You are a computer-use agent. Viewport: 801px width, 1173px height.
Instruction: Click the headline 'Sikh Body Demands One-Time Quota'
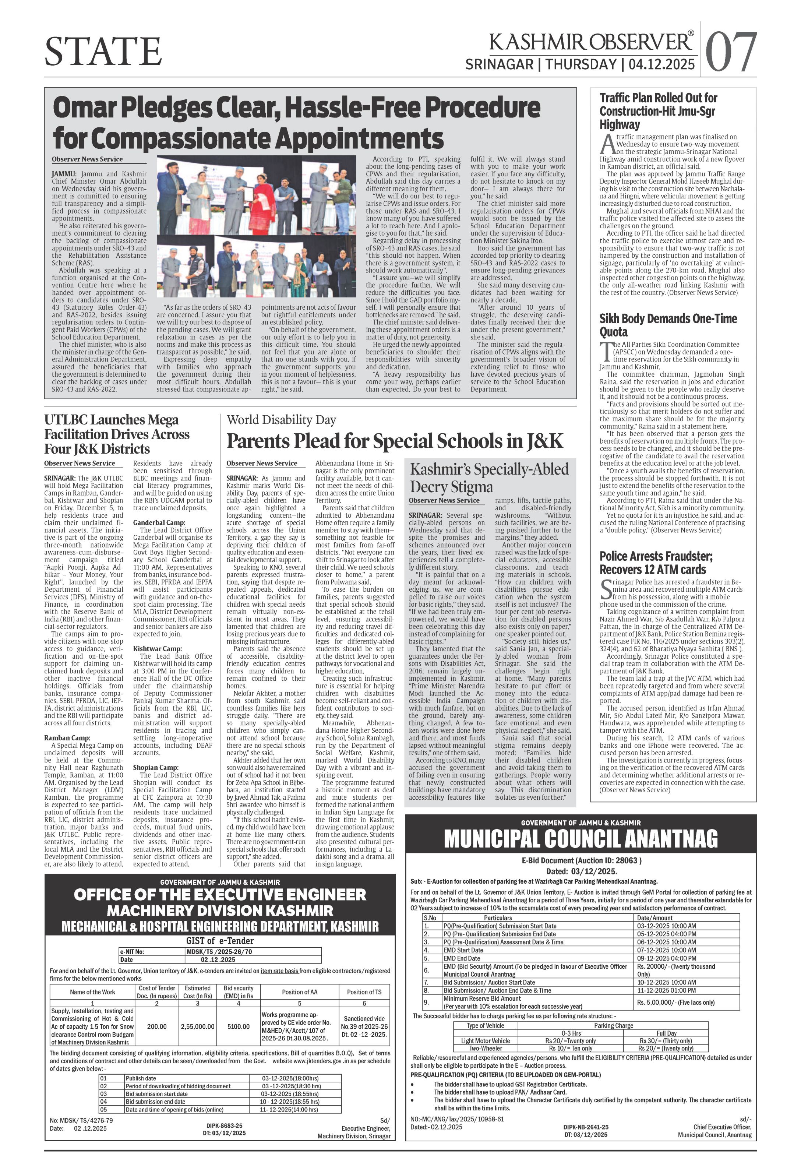(x=668, y=325)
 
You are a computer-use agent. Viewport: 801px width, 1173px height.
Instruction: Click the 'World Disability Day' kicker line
(x=281, y=420)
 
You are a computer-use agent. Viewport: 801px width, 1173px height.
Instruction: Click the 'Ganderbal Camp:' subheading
(x=159, y=522)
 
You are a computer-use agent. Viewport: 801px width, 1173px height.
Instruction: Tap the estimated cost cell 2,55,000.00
(x=197, y=1026)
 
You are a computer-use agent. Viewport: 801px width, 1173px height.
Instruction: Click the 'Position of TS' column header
(x=364, y=992)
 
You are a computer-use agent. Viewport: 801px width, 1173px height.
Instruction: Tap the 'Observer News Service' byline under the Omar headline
(x=87, y=159)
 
